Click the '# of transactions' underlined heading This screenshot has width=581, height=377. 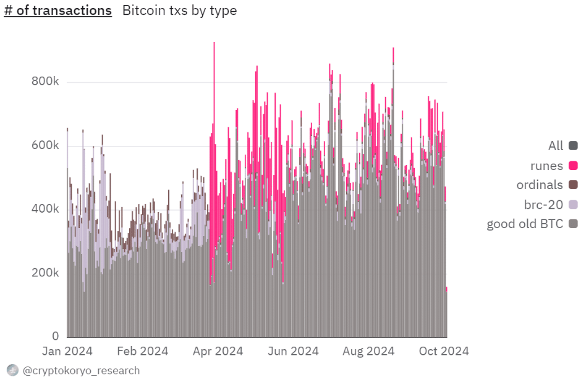coord(58,11)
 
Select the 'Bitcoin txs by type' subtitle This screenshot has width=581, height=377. coord(179,11)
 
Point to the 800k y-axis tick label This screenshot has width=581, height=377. coord(45,81)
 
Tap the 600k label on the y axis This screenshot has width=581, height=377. coord(45,145)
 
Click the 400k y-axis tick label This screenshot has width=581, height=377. coord(45,209)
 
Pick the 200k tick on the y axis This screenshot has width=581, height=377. coord(45,273)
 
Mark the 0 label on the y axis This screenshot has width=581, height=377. coord(55,336)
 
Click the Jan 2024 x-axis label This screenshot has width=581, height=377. coord(67,351)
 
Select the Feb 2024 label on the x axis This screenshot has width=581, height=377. coord(143,351)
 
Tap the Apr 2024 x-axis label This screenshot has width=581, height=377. coord(218,351)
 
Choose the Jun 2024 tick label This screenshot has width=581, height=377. coord(293,351)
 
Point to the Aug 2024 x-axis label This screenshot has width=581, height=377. coord(368,351)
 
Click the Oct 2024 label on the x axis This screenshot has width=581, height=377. coord(444,351)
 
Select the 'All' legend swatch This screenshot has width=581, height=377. coord(573,145)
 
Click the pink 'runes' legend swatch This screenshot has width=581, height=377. coord(573,166)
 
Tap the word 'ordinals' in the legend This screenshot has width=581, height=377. coord(540,185)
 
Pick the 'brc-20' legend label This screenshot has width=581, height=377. coord(543,205)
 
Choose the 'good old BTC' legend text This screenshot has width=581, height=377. coord(525,224)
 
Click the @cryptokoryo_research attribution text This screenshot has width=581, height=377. coord(81,371)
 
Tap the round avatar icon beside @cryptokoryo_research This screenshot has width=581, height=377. coord(12,370)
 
